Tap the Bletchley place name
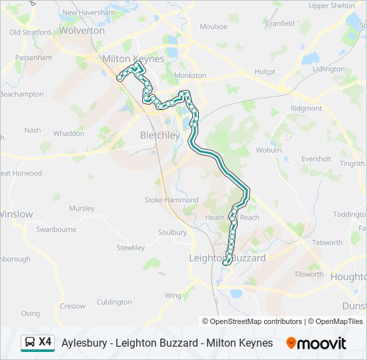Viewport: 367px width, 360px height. coord(160,135)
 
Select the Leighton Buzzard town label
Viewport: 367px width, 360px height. coord(227,258)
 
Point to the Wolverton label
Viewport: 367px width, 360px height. coord(82,30)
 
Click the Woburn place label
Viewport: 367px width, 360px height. coord(269,150)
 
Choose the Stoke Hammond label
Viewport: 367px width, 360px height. coord(172,200)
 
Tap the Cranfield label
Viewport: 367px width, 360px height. coord(280,23)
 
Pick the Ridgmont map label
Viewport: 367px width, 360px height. coord(306,108)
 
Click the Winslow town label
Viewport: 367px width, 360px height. coord(16,214)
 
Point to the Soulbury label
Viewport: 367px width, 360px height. coord(172,233)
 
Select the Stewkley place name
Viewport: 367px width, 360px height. coord(131,248)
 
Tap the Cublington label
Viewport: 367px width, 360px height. coord(114,302)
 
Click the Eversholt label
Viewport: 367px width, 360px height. coord(316,159)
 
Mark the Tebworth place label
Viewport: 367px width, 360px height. coord(327,243)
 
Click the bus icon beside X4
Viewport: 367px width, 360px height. coord(30,343)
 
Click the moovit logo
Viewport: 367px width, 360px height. coord(316,343)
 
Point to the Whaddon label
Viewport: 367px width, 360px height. coord(69,133)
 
